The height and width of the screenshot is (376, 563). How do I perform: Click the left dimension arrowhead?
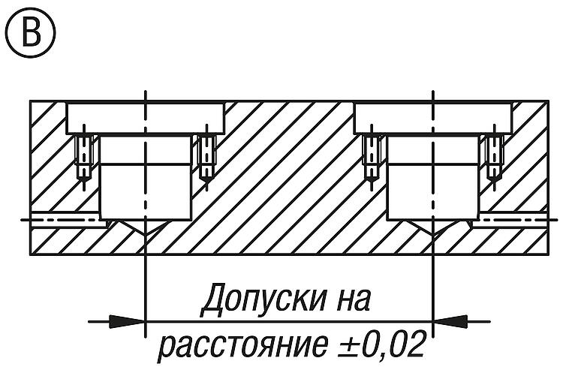[x=127, y=321]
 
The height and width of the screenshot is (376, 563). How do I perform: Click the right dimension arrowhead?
[x=450, y=321]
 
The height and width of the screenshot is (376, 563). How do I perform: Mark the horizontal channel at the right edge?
[x=510, y=219]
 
